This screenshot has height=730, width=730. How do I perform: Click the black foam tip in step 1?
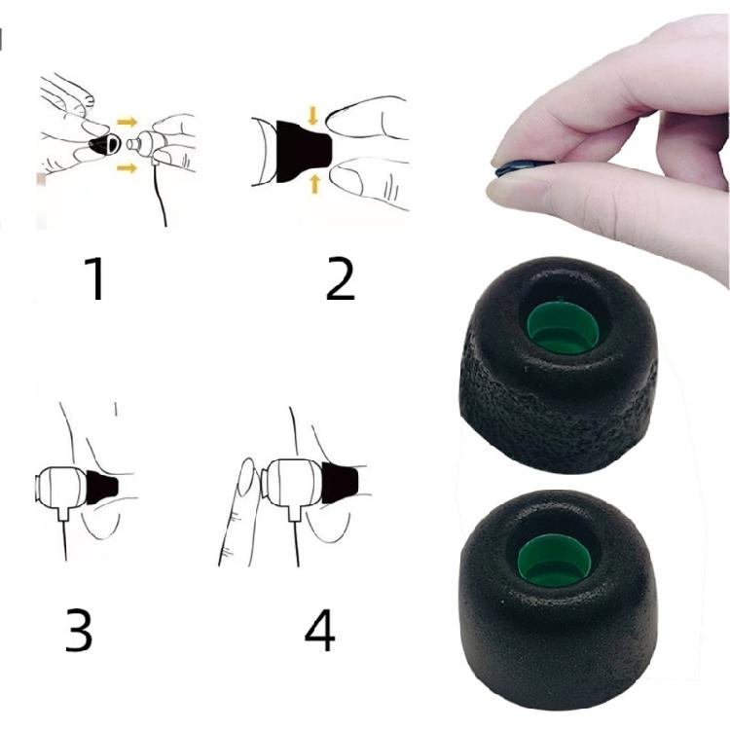[100, 145]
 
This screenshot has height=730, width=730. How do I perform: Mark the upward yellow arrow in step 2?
[313, 182]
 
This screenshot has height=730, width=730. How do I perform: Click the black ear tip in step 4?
[341, 484]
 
